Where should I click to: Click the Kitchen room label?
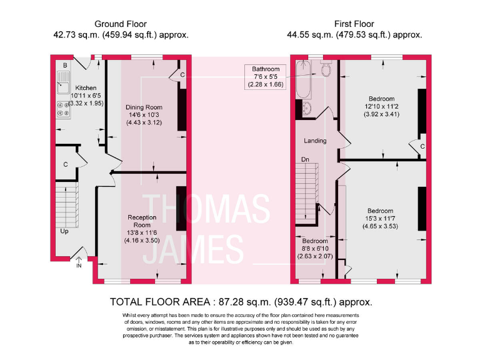[x=86, y=88]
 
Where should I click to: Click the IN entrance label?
[x=79, y=266]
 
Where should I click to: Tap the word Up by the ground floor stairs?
[x=64, y=231]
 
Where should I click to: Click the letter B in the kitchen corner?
[x=64, y=65]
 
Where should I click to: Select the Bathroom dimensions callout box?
[x=266, y=76]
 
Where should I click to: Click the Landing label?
[x=315, y=141]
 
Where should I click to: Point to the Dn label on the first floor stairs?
[x=305, y=159]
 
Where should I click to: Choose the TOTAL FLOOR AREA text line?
[x=241, y=301]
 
